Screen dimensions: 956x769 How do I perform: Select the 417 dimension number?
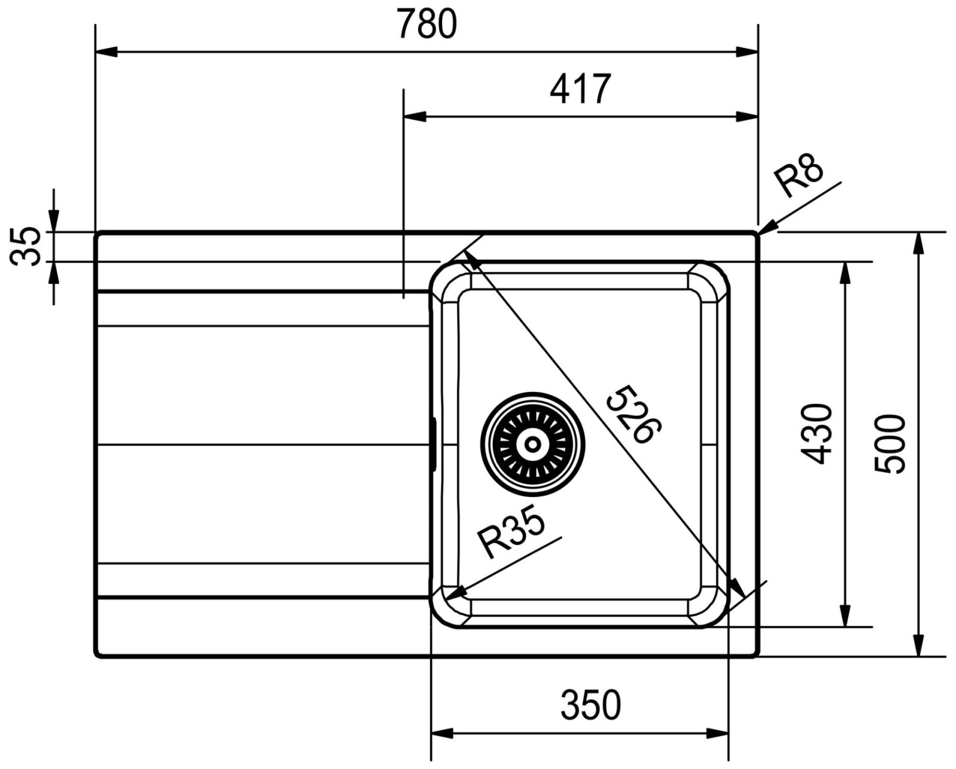(x=580, y=89)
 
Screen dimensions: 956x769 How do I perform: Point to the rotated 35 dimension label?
(x=25, y=246)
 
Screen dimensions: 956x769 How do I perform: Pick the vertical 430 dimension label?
(x=816, y=434)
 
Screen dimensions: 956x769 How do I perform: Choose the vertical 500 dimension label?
(x=890, y=445)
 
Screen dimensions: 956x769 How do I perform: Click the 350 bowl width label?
(x=590, y=705)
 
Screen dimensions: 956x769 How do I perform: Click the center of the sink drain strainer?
(x=532, y=445)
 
